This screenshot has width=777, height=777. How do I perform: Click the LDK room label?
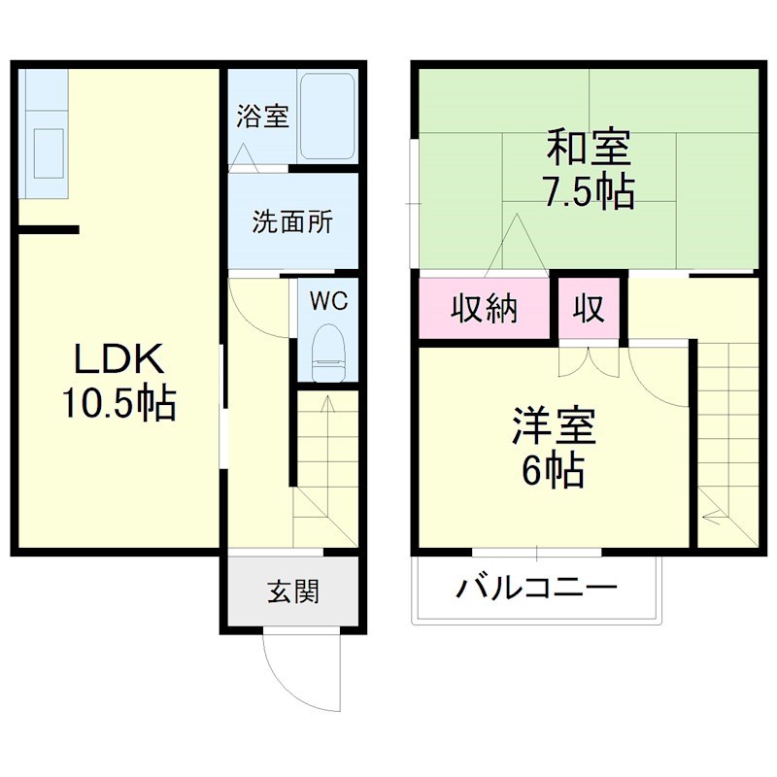click(118, 360)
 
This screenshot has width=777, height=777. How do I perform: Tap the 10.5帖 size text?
click(118, 402)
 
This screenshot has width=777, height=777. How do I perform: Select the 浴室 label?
click(262, 117)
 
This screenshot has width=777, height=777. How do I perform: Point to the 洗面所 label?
click(292, 222)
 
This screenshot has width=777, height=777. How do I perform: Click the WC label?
click(328, 301)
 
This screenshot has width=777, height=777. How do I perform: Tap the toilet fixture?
click(328, 355)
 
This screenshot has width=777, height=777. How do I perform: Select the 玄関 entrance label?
click(292, 590)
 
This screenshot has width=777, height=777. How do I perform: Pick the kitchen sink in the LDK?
click(46, 151)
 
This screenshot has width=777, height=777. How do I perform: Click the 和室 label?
click(589, 150)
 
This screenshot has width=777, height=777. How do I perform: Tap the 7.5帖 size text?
click(589, 191)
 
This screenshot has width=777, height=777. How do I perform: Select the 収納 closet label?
click(484, 310)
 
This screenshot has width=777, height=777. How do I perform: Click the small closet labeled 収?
click(589, 310)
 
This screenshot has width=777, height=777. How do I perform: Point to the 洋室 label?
click(555, 427)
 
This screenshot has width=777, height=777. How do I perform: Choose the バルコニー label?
click(537, 588)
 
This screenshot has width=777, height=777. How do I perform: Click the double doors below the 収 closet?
click(589, 361)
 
